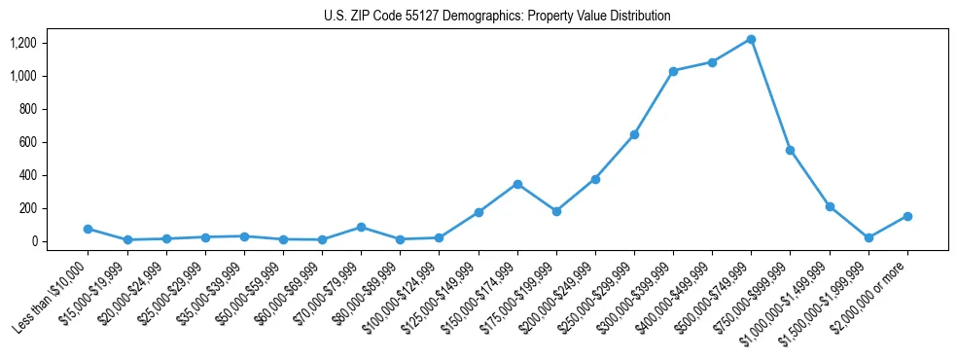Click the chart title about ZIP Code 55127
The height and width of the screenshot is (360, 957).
click(497, 17)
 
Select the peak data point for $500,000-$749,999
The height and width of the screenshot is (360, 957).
click(751, 39)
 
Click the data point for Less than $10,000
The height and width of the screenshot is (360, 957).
click(88, 229)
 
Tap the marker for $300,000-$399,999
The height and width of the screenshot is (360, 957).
click(673, 71)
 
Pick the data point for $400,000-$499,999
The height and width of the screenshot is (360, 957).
click(712, 62)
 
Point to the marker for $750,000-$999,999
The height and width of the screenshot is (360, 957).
click(790, 150)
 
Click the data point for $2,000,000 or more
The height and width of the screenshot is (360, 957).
click(907, 216)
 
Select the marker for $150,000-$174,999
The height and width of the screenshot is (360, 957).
click(517, 184)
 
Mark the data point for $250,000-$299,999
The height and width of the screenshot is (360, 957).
click(634, 134)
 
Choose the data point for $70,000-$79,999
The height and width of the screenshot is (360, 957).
click(361, 227)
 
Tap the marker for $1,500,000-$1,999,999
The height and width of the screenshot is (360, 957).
click(868, 237)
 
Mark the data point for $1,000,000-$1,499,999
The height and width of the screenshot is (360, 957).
click(830, 206)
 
